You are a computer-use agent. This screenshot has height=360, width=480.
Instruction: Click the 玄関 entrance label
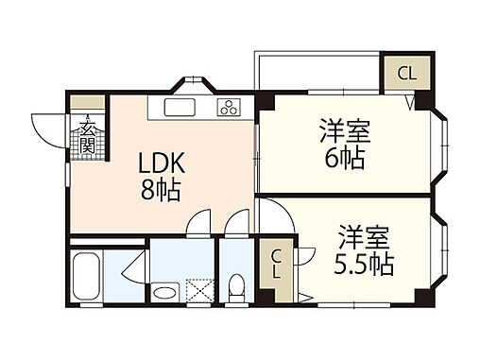coord(86,137)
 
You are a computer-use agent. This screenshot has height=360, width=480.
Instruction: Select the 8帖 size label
coord(162,187)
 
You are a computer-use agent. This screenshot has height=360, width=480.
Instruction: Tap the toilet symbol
coord(237,283)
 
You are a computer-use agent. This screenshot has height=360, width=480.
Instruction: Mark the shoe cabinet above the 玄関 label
coord(86,103)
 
